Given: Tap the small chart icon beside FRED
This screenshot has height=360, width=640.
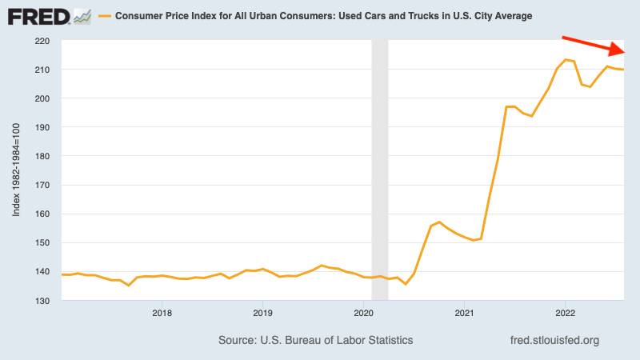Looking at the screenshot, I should tap(82, 15).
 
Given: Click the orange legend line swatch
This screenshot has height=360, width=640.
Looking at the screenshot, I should tap(103, 16).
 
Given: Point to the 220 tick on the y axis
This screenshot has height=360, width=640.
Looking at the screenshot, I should tap(42, 41).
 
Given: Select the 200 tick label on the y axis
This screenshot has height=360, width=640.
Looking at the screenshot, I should tap(42, 98).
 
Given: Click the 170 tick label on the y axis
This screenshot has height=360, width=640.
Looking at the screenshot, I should tap(42, 185).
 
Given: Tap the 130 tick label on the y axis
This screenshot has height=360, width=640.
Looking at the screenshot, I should tap(42, 301).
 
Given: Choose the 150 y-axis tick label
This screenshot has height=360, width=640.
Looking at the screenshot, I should tap(42, 243).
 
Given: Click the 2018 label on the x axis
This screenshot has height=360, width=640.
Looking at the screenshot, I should tap(162, 313).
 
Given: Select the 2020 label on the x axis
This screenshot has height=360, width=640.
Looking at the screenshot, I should tap(363, 313).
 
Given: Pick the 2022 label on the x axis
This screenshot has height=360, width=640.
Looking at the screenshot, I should tap(565, 313).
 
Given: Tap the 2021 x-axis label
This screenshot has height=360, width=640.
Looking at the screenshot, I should tap(464, 313).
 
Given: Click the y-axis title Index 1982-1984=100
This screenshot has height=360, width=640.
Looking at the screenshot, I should tap(17, 170).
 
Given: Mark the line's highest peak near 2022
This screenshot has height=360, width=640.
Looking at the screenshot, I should tap(566, 60).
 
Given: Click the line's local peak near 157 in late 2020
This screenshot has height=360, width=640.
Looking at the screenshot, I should tap(440, 222).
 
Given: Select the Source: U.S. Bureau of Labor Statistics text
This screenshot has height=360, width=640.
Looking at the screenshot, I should tap(315, 340).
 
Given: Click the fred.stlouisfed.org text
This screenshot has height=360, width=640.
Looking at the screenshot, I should tap(554, 340).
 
